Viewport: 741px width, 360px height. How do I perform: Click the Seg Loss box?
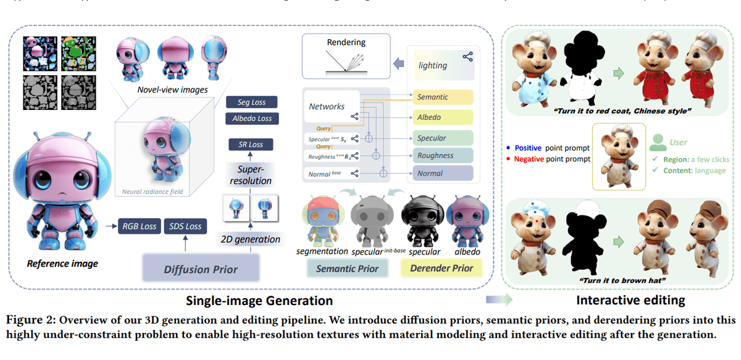[x=251, y=103]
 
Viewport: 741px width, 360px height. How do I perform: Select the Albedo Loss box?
[x=251, y=118]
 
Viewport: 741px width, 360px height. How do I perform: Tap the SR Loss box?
[x=251, y=144]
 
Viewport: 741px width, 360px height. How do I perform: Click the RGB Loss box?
[x=140, y=226]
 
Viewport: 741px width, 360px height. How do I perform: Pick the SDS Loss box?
[x=185, y=226]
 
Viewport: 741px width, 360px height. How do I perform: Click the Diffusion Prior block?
[x=201, y=269]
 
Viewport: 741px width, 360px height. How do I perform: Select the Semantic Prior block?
[x=347, y=269]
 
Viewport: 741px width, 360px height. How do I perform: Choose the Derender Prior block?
[x=442, y=269]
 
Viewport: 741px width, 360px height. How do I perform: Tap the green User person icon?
[x=657, y=142]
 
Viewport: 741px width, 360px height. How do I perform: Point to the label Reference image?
[x=62, y=264]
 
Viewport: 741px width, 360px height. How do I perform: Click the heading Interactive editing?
[x=630, y=300]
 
